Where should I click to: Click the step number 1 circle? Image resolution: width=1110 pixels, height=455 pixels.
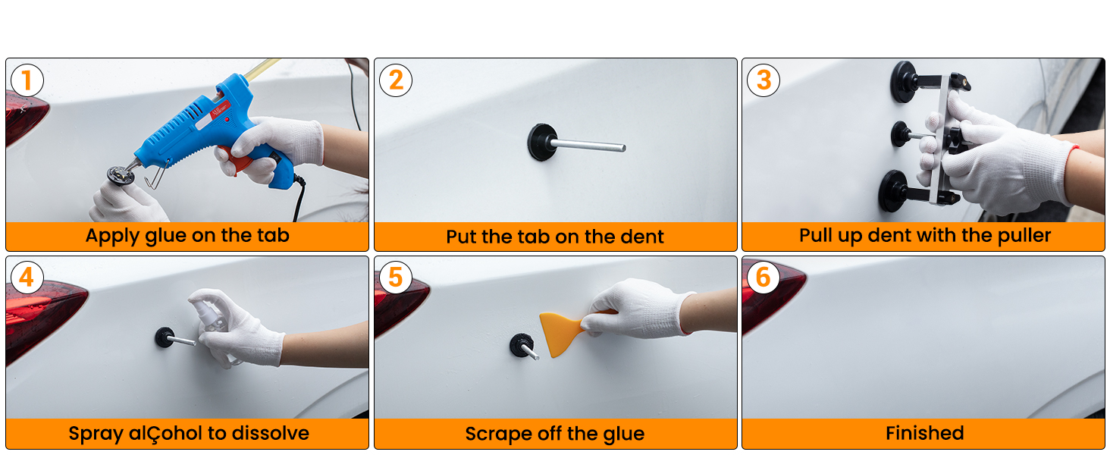tap(27, 80)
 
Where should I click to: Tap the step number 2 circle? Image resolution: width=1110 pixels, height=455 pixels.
tap(395, 80)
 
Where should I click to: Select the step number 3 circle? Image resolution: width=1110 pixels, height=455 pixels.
tap(764, 80)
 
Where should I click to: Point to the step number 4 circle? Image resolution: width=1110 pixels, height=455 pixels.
tap(27, 278)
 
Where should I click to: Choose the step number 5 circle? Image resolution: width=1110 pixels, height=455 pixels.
tap(395, 278)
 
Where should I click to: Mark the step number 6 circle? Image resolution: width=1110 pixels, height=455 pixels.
tap(764, 278)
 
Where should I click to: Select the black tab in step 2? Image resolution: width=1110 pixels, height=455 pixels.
tap(542, 143)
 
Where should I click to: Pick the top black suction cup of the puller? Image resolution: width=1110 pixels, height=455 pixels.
tap(904, 81)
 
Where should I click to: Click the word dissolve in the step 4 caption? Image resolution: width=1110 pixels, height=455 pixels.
tap(271, 434)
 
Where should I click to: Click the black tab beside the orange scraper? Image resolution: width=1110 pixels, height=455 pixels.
tap(521, 345)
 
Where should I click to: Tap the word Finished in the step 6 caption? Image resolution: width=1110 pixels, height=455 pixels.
tap(924, 434)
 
